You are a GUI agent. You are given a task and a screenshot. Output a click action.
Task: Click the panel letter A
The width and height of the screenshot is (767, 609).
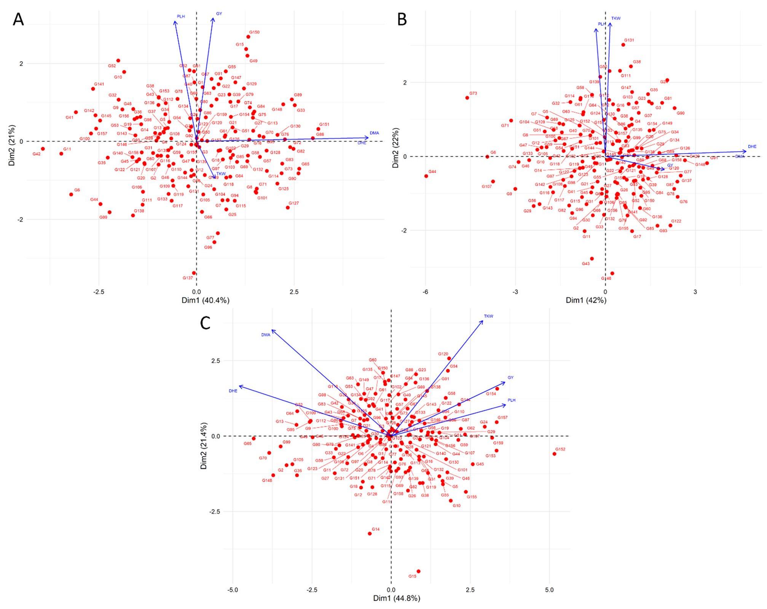tap(18, 19)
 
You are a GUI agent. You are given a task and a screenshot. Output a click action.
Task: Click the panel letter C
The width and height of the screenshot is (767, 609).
tap(205, 323)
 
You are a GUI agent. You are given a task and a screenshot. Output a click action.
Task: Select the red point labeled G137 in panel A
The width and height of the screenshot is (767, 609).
tap(194, 273)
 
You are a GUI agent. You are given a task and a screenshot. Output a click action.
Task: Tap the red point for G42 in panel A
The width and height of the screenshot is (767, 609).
tap(43, 149)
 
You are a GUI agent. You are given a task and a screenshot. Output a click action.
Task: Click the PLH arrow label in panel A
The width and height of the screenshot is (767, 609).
tap(180, 16)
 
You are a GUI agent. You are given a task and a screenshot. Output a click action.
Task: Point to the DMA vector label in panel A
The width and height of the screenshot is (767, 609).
tap(374, 133)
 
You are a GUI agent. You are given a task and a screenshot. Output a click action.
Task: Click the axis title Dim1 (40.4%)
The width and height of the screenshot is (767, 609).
tap(205, 300)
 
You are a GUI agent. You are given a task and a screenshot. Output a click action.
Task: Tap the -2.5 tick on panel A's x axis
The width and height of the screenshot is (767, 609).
tap(99, 292)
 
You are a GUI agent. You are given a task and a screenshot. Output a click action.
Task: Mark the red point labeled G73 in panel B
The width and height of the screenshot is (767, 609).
tap(467, 98)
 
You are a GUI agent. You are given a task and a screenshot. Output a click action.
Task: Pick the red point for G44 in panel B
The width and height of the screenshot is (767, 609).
tap(426, 176)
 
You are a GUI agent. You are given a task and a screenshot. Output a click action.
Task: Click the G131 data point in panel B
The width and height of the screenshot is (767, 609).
tap(623, 45)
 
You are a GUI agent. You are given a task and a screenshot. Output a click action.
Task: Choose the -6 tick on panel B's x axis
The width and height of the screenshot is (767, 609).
tap(425, 292)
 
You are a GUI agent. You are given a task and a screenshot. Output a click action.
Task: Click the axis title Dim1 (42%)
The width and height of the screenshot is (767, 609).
tap(586, 300)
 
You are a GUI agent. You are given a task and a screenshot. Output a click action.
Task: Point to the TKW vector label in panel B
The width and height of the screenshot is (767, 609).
tap(616, 18)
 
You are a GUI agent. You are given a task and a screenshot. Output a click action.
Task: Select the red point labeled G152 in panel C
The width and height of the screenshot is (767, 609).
tap(554, 454)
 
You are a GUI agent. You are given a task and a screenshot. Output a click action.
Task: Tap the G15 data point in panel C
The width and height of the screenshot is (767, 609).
tap(418, 571)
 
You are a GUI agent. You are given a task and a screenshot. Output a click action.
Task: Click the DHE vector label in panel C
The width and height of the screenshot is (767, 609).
tap(233, 391)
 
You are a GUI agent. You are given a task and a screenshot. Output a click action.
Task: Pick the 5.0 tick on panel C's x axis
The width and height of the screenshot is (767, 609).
tap(549, 590)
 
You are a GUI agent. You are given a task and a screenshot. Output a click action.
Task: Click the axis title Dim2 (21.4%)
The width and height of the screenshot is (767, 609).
tap(204, 445)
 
